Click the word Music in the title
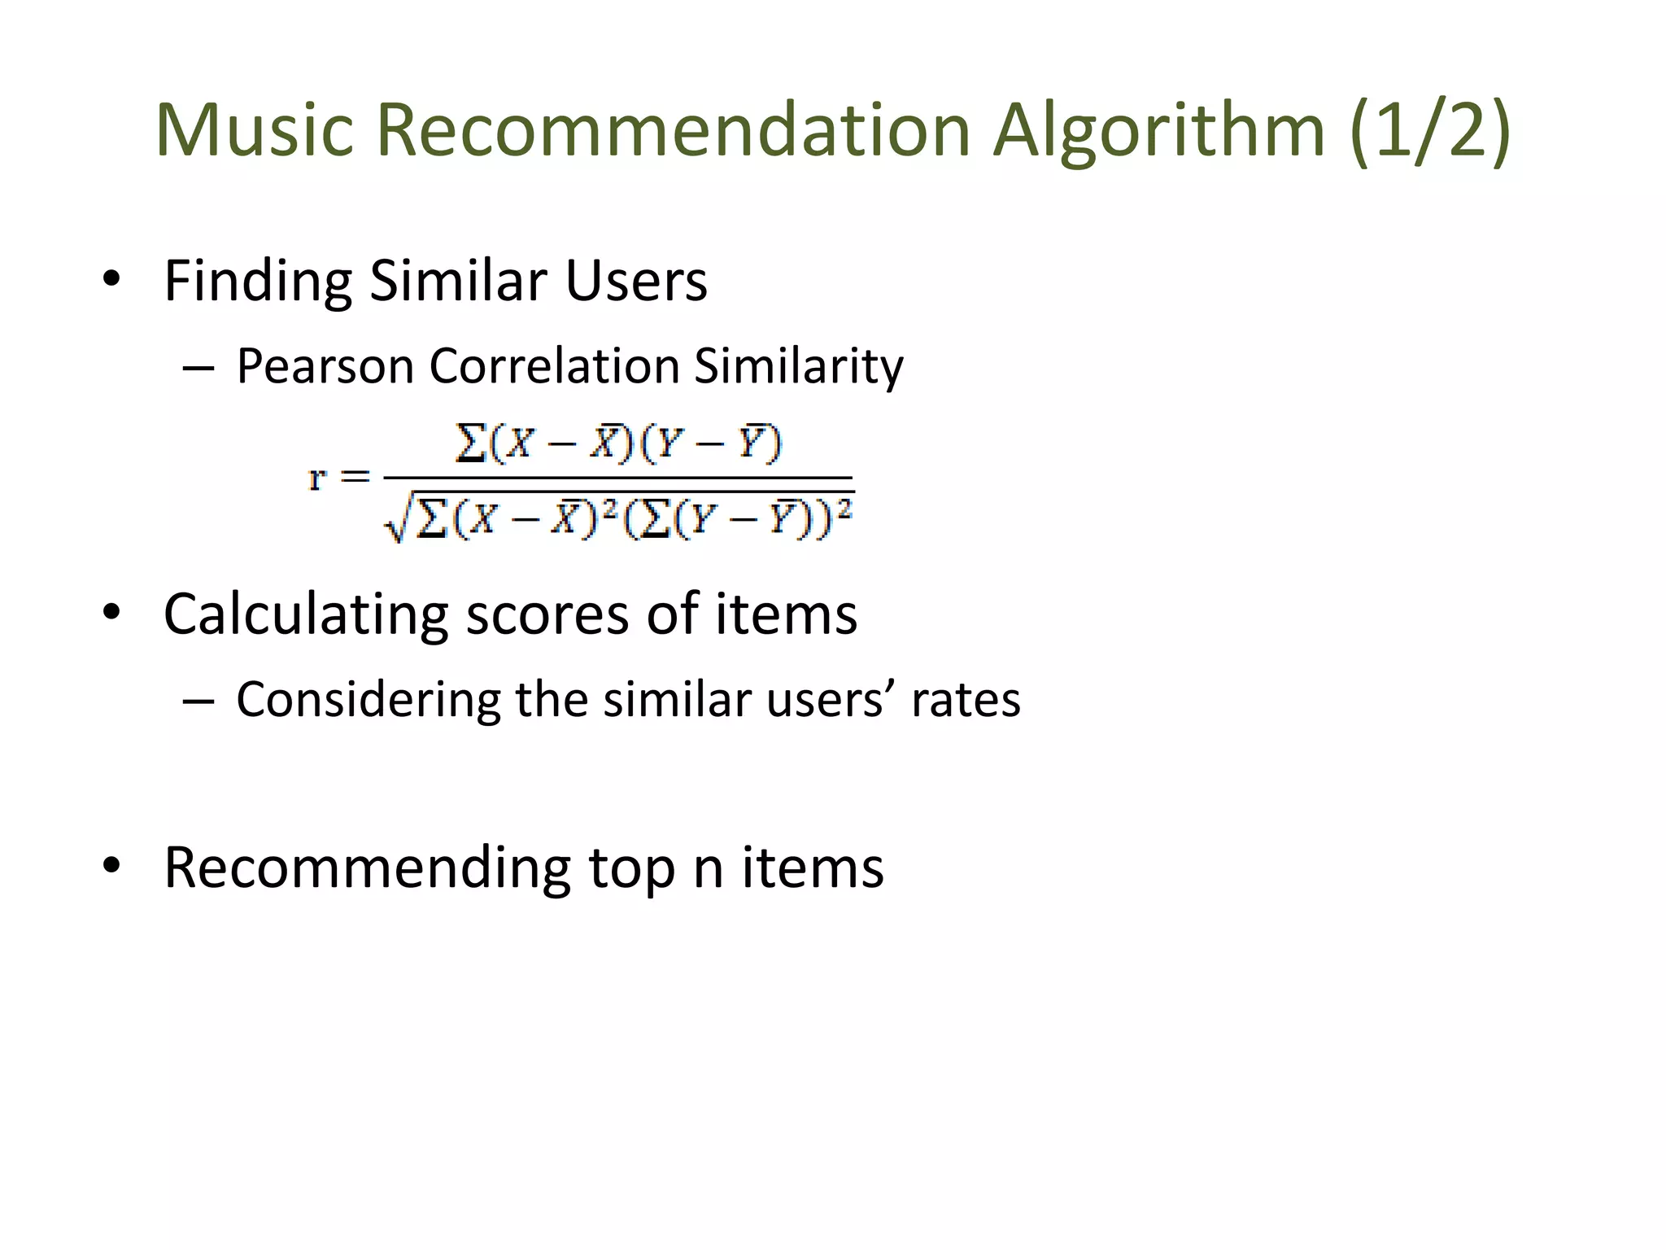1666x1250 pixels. pos(255,130)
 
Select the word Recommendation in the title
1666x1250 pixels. pos(673,130)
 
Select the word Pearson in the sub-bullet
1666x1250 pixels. pos(325,366)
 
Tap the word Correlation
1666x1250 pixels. pos(554,365)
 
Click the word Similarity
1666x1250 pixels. pos(798,366)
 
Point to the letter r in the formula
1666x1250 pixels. pos(316,479)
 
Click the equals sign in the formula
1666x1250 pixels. pos(355,477)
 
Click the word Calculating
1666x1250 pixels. pos(306,614)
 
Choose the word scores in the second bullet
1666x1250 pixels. pos(547,614)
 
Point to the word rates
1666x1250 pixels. pos(965,700)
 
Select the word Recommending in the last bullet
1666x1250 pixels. pos(367,869)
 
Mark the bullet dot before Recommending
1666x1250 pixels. pos(111,865)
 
